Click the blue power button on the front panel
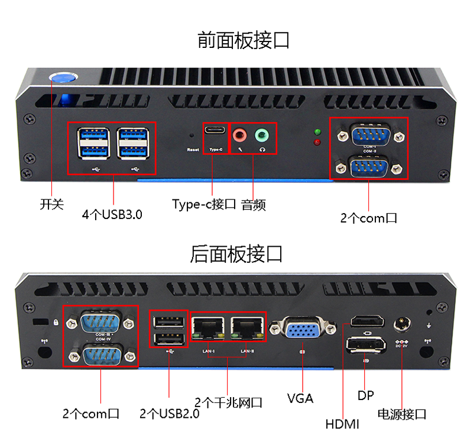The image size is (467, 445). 63,78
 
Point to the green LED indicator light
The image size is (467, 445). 317,132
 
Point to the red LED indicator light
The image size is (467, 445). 317,142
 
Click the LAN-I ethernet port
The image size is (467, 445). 208,327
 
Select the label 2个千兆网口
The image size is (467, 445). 228,403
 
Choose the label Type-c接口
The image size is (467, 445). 205,205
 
